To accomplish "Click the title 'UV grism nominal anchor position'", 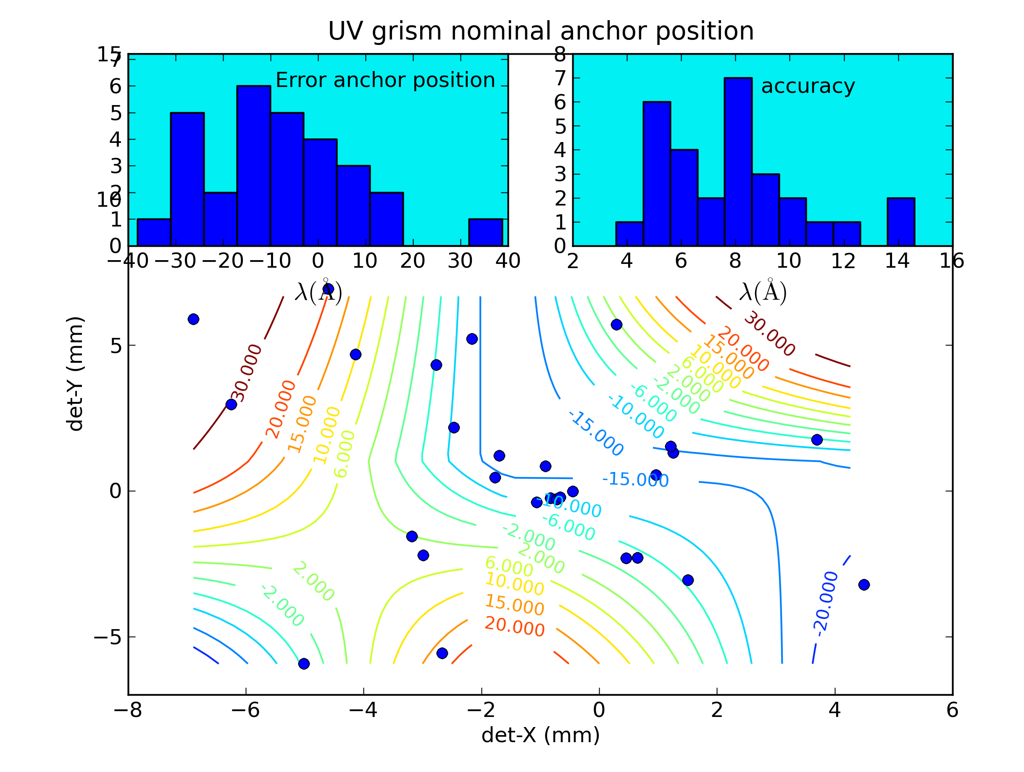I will pyautogui.click(x=541, y=32).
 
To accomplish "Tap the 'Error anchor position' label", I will pyautogui.click(x=385, y=80).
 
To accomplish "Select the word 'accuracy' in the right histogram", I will pyautogui.click(x=808, y=86).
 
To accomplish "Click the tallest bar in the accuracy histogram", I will pyautogui.click(x=738, y=162).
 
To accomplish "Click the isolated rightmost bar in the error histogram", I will pyautogui.click(x=485, y=232).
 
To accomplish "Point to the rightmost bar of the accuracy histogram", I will pyautogui.click(x=900, y=222).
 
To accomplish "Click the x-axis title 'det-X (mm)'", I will pyautogui.click(x=540, y=735).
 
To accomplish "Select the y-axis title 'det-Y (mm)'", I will pyautogui.click(x=75, y=374).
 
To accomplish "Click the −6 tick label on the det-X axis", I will pyautogui.click(x=245, y=710).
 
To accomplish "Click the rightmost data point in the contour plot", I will pyautogui.click(x=864, y=585).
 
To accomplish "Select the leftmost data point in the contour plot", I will pyautogui.click(x=194, y=319).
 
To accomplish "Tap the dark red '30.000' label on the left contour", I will pyautogui.click(x=247, y=373).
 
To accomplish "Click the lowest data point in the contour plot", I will pyautogui.click(x=304, y=664).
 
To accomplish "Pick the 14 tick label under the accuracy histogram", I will pyautogui.click(x=897, y=261).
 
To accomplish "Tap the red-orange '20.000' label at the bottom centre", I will pyautogui.click(x=514, y=627).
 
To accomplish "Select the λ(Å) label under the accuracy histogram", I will pyautogui.click(x=763, y=292).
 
